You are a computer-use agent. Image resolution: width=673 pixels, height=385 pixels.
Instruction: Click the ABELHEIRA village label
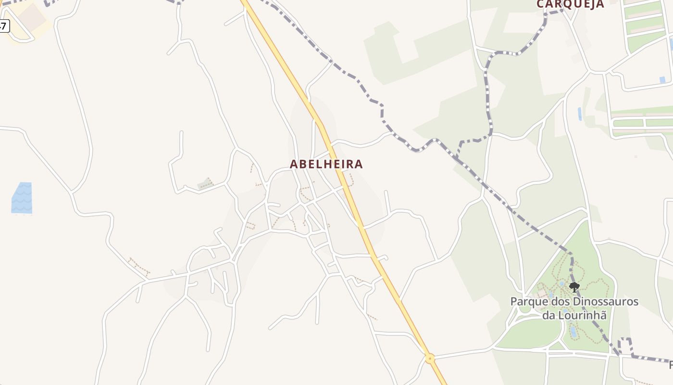click(x=326, y=164)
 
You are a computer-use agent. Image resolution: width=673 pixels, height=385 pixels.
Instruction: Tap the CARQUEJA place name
click(x=570, y=4)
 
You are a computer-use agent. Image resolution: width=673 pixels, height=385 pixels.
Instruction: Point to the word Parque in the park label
click(x=526, y=302)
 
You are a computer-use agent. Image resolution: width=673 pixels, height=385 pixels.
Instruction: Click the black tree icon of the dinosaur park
click(x=574, y=287)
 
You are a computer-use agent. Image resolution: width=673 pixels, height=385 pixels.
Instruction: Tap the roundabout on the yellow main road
click(x=430, y=359)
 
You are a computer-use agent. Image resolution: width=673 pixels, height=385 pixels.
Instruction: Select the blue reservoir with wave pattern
click(x=22, y=198)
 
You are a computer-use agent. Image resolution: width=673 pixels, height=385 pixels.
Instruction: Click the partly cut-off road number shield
click(x=4, y=26)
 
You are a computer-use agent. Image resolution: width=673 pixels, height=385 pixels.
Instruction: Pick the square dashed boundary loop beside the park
click(x=625, y=346)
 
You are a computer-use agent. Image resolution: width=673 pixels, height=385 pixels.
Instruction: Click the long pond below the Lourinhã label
click(x=573, y=332)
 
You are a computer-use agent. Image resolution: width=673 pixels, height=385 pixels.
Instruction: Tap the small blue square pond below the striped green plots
click(x=662, y=80)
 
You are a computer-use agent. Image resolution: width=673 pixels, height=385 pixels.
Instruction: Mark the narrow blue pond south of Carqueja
click(x=580, y=114)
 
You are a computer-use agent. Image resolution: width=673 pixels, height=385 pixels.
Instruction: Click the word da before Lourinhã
click(x=548, y=316)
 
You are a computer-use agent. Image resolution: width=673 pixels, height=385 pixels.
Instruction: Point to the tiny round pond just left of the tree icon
click(x=561, y=284)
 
